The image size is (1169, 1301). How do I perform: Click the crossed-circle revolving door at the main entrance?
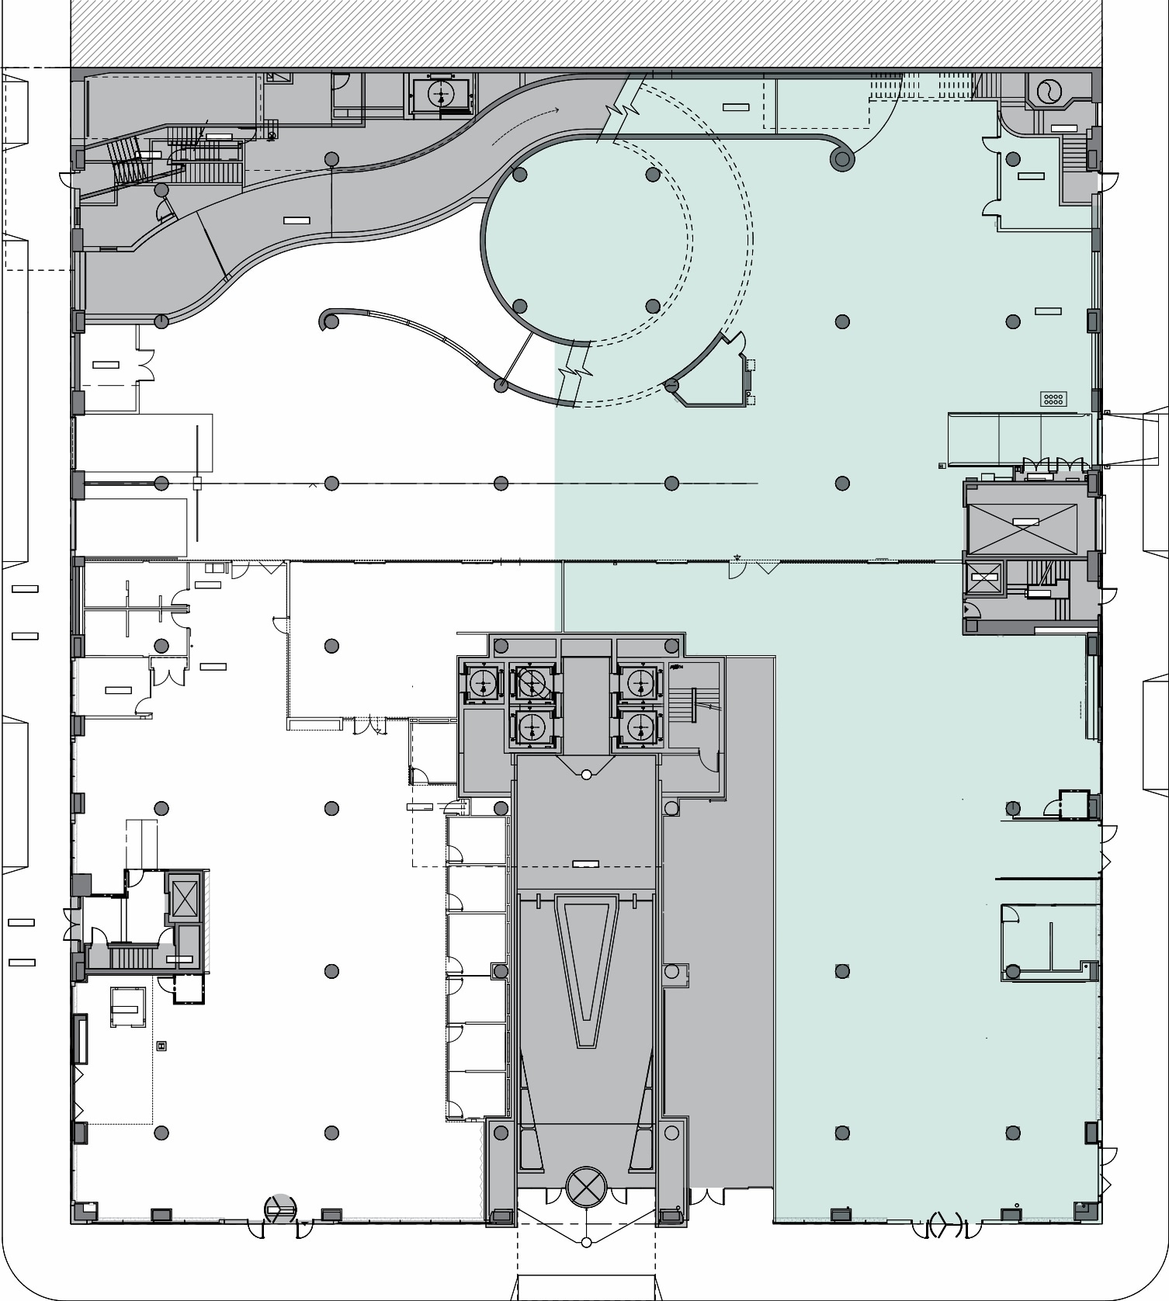tap(586, 1185)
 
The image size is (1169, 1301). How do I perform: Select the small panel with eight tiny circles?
tap(1053, 399)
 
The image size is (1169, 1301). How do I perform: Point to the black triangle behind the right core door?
tap(968, 610)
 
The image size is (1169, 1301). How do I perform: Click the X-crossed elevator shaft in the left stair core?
tap(185, 899)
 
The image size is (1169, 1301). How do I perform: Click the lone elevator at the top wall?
tap(441, 94)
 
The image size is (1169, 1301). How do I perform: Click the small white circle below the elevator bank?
tap(586, 774)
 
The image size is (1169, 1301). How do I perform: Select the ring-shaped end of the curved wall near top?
tap(841, 160)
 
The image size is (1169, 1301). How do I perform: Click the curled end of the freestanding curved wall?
tap(329, 320)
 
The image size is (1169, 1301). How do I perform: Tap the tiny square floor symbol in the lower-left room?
tap(161, 1046)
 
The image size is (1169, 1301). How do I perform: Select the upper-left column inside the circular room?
tap(520, 175)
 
